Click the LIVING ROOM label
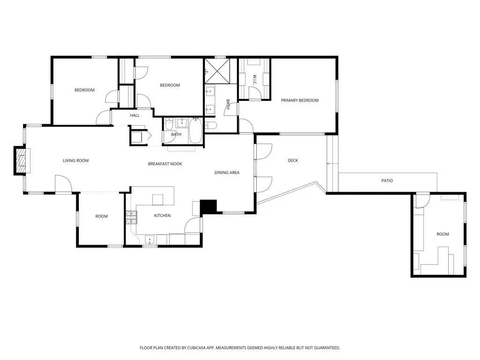(x=75, y=161)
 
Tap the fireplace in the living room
(x=21, y=161)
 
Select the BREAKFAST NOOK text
(x=165, y=164)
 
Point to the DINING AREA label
(x=227, y=172)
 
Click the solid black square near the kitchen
(x=209, y=207)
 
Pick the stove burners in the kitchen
(x=131, y=217)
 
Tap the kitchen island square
(x=157, y=199)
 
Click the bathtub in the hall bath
(x=195, y=132)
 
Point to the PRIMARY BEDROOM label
(x=300, y=100)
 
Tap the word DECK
(x=293, y=161)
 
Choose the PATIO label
(x=387, y=180)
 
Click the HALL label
(x=135, y=115)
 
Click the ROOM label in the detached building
(x=442, y=234)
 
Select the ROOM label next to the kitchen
(x=101, y=216)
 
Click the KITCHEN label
(x=162, y=216)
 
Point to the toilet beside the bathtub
(x=211, y=125)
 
